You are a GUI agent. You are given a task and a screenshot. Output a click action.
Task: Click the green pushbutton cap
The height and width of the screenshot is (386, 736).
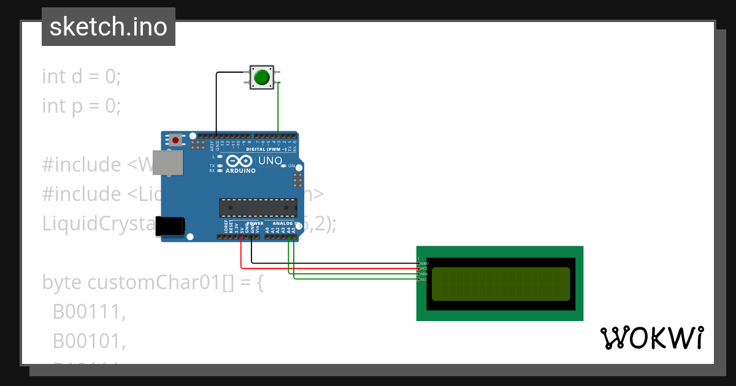click(x=262, y=77)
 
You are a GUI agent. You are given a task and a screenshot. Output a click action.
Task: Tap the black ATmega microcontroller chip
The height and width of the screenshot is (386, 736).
click(x=258, y=208)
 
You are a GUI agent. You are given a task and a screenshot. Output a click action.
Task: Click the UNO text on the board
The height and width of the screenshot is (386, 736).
click(x=270, y=161)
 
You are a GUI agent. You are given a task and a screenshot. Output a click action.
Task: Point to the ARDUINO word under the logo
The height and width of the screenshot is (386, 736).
click(x=240, y=171)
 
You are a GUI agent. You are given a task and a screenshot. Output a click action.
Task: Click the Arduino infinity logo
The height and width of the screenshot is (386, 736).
click(x=239, y=161)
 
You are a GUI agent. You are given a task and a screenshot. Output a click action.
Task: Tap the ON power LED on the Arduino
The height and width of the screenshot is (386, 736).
click(x=285, y=166)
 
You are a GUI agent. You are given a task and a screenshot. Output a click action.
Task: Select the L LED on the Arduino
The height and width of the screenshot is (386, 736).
click(x=219, y=157)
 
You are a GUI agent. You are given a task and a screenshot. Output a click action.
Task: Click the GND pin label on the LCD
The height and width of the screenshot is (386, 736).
click(x=424, y=263)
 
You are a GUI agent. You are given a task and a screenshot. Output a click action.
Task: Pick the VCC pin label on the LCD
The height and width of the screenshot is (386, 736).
click(x=424, y=269)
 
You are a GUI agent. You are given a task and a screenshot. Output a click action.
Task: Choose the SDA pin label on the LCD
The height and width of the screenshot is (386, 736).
click(x=424, y=274)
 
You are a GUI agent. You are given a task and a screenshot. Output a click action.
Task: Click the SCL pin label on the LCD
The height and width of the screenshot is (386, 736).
click(x=424, y=279)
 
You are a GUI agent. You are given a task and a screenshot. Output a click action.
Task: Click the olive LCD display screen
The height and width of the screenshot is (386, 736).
click(x=500, y=283)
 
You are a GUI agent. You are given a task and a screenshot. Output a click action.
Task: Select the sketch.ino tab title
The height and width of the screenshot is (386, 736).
click(x=109, y=27)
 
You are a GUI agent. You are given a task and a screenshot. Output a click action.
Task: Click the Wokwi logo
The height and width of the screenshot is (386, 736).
click(x=651, y=338)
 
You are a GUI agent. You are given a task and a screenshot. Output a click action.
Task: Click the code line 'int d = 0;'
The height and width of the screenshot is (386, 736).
click(x=82, y=77)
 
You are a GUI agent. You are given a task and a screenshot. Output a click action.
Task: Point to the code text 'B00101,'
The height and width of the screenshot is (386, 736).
click(x=89, y=341)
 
